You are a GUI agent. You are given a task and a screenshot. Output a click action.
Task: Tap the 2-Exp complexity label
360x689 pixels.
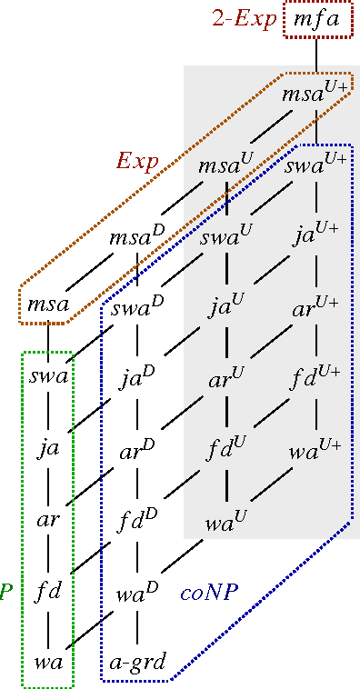(241, 20)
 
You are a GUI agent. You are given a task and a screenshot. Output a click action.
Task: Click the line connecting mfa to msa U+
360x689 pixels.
(315, 56)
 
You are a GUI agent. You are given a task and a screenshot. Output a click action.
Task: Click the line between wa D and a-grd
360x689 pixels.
(137, 628)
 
